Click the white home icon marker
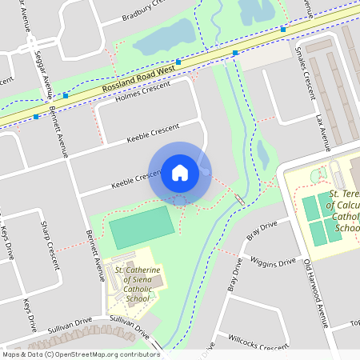[180, 172]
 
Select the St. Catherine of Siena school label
[138, 284]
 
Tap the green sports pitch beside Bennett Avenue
[141, 226]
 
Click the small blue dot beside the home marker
[206, 171]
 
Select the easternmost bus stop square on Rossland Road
[283, 29]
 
